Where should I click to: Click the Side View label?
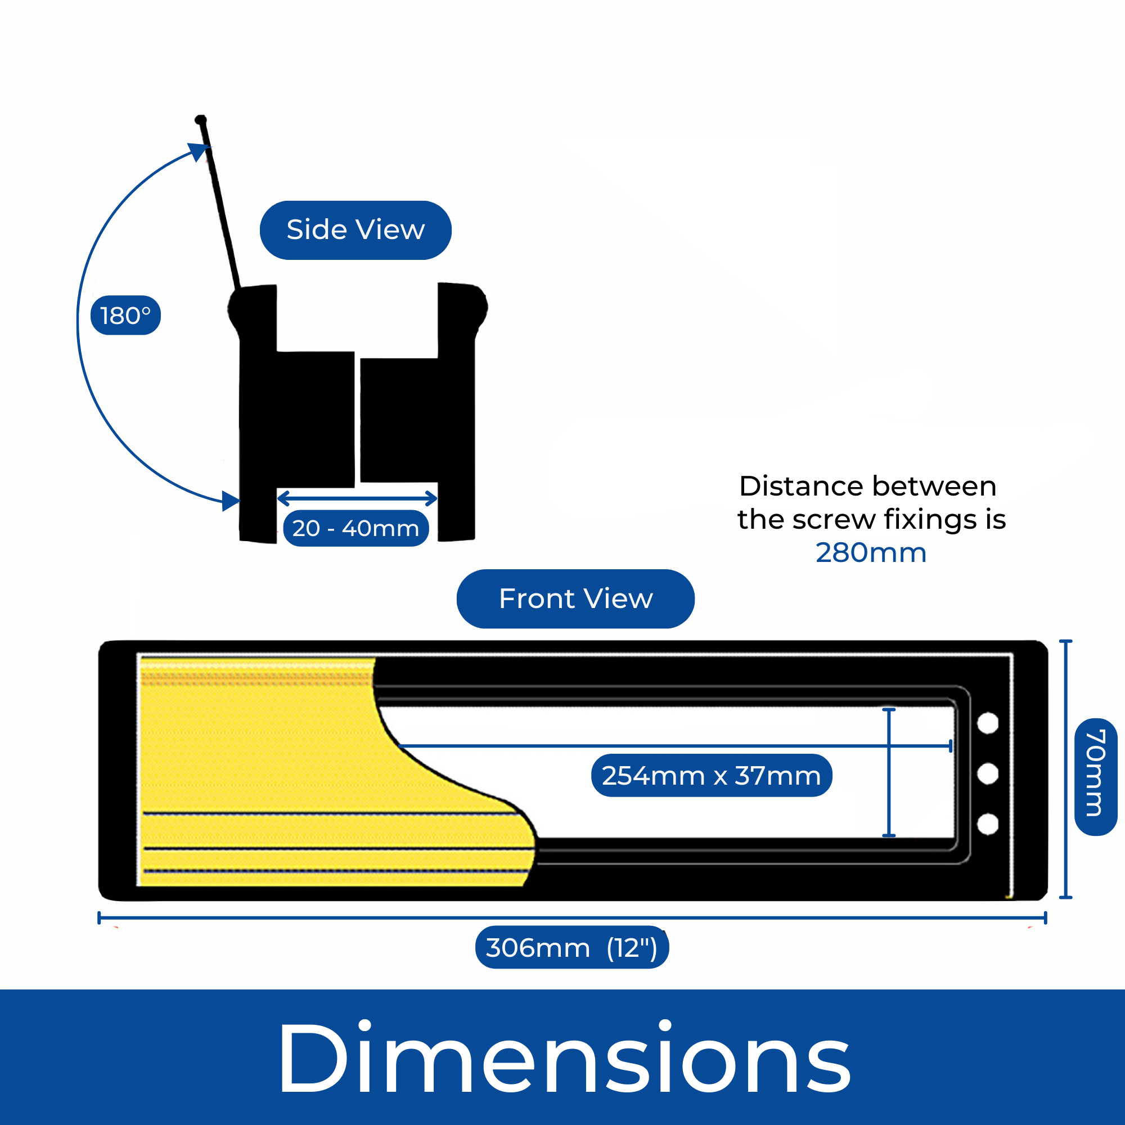(x=355, y=230)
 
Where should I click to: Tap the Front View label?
(x=575, y=598)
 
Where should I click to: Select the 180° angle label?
(x=125, y=316)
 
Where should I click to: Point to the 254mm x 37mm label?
(x=711, y=776)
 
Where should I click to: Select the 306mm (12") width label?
(x=572, y=947)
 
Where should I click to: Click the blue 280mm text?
(x=871, y=552)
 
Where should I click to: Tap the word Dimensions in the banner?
(x=562, y=1058)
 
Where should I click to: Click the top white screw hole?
(x=988, y=724)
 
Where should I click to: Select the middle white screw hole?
(x=988, y=774)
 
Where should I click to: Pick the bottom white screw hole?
(x=988, y=825)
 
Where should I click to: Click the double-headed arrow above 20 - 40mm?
(x=357, y=498)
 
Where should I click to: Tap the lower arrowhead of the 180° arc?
(x=231, y=501)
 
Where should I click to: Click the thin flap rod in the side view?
(x=220, y=204)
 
